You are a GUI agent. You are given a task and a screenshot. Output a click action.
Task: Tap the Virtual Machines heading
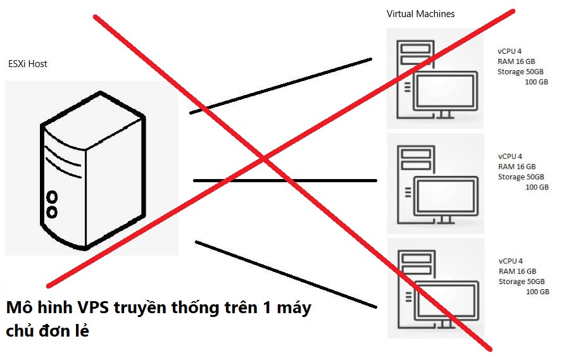point(420,14)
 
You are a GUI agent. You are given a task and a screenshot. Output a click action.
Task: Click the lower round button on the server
point(53,211)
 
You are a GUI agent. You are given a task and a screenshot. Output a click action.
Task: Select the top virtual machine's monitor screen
point(445,90)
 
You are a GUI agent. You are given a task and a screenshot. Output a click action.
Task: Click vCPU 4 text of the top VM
point(510,52)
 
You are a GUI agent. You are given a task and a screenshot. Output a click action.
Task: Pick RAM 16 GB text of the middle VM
point(516,166)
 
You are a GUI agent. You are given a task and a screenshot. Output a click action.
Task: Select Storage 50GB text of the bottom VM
point(521,282)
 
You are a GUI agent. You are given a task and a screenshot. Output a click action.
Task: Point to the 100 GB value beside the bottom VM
point(537,292)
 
